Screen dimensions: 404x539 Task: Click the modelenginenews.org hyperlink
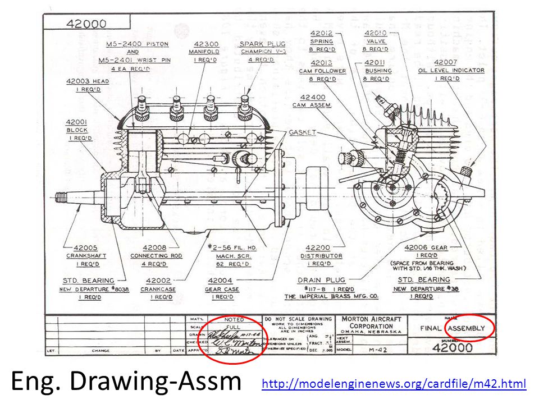[394, 384]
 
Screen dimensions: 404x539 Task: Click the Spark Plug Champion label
[262, 48]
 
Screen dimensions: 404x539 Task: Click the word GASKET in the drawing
[302, 132]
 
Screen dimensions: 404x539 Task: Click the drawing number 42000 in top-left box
[86, 24]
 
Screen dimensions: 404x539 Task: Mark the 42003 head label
[88, 85]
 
